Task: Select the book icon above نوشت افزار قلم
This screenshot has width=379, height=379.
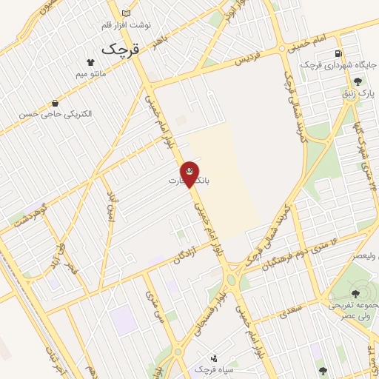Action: [125, 13]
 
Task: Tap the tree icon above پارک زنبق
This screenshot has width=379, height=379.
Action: [359, 82]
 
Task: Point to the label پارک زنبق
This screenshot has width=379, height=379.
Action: [362, 94]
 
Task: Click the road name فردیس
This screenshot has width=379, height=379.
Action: [249, 58]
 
